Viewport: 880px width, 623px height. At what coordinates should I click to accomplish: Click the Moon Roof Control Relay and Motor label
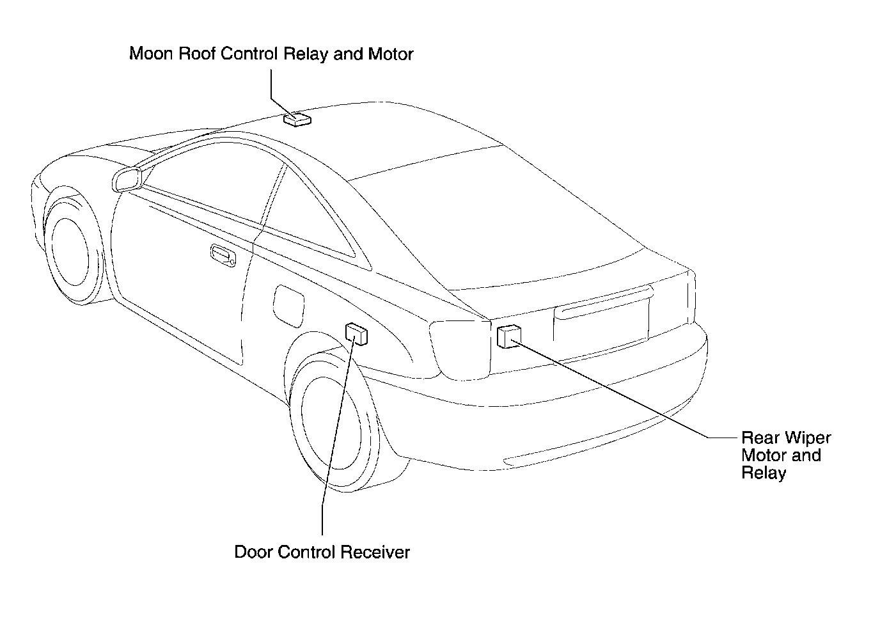coord(271,54)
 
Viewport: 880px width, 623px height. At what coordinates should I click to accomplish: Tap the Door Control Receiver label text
coord(322,552)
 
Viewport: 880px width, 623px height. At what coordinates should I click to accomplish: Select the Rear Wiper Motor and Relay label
coord(786,455)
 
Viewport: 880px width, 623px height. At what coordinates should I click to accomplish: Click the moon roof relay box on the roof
coord(297,120)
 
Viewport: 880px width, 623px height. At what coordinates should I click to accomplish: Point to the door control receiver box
coord(356,335)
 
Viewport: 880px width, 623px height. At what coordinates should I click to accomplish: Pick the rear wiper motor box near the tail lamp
coord(509,336)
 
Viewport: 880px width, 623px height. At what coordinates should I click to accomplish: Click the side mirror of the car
coord(127,180)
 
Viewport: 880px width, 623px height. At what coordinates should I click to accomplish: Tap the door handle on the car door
coord(223,255)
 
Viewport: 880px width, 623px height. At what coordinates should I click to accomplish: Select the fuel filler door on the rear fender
coord(289,306)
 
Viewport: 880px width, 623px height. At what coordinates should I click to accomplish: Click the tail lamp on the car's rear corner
coord(460,351)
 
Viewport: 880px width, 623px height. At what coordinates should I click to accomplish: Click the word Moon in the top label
coord(151,54)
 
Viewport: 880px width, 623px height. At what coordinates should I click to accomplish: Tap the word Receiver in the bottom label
coord(375,552)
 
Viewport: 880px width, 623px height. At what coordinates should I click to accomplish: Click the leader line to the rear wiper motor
coord(625,393)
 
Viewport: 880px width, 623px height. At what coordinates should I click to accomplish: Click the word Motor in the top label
coord(391,54)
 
